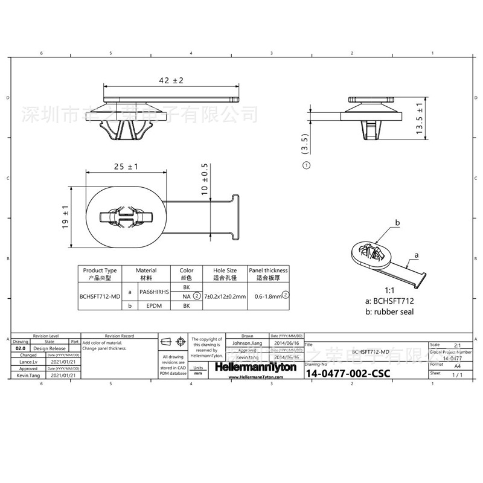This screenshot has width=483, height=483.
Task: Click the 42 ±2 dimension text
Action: [170, 80]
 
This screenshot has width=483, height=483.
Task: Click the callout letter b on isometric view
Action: [397, 223]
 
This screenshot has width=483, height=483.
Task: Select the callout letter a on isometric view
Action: [416, 257]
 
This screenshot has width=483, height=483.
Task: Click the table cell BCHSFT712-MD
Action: [99, 296]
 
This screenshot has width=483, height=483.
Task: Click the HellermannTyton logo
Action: [256, 367]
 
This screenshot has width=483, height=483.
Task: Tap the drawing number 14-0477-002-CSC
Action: [348, 374]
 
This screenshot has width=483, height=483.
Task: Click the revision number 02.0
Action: [21, 348]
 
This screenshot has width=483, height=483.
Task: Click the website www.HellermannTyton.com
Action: [256, 377]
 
